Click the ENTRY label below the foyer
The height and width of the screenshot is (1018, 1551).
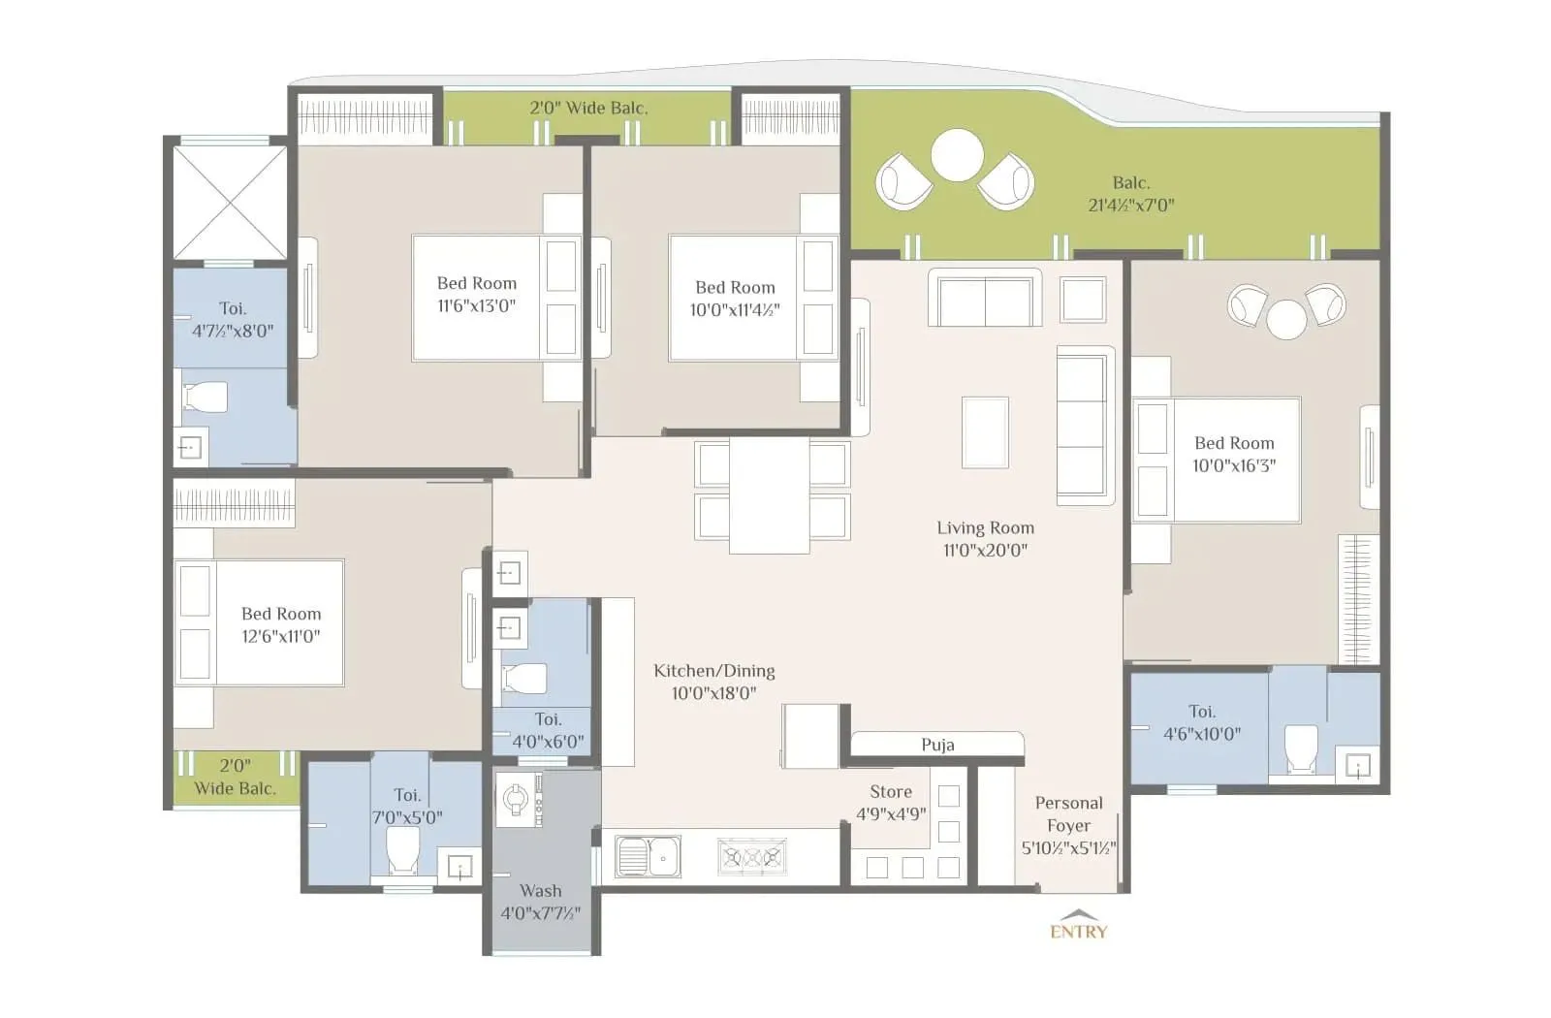tap(1078, 931)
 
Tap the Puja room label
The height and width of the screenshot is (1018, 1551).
tap(937, 745)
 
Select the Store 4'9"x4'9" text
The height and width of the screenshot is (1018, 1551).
tap(891, 803)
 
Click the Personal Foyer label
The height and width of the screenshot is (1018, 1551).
tap(1068, 825)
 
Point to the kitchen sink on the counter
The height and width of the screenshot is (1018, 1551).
tap(648, 857)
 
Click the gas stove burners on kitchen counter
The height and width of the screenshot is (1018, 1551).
tap(751, 857)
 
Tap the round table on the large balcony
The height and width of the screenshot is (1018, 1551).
tap(957, 155)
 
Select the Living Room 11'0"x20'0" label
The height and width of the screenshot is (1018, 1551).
tap(985, 539)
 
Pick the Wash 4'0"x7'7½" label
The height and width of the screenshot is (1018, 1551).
tap(540, 902)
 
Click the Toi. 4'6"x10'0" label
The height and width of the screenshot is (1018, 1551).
tap(1201, 722)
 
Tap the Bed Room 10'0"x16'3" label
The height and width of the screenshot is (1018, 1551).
tap(1234, 454)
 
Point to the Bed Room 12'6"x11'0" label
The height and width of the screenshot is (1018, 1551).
tap(280, 624)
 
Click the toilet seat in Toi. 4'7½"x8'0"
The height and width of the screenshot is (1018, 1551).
tap(206, 396)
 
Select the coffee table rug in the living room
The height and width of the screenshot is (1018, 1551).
tap(985, 432)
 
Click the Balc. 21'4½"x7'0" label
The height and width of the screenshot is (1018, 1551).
tap(1130, 193)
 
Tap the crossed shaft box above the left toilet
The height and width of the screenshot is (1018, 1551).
tap(230, 202)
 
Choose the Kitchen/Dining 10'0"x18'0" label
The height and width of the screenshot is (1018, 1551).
tap(713, 682)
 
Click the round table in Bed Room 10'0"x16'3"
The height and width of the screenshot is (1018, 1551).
tap(1286, 319)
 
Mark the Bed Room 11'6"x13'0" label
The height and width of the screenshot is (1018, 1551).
tap(476, 294)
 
